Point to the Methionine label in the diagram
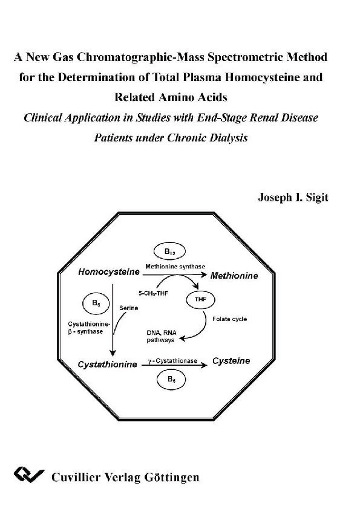(x=234, y=276)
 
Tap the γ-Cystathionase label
(x=172, y=360)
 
